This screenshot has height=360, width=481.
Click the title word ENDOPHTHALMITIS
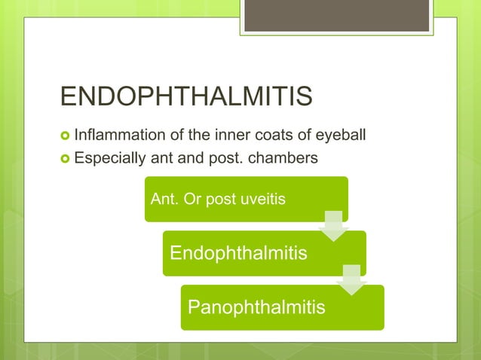click(186, 98)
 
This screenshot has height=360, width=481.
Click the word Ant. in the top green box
click(164, 200)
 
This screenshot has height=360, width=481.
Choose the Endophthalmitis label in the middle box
click(238, 253)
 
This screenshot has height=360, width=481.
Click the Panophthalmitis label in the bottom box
click(256, 307)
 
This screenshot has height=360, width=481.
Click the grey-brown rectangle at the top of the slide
click(337, 15)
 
